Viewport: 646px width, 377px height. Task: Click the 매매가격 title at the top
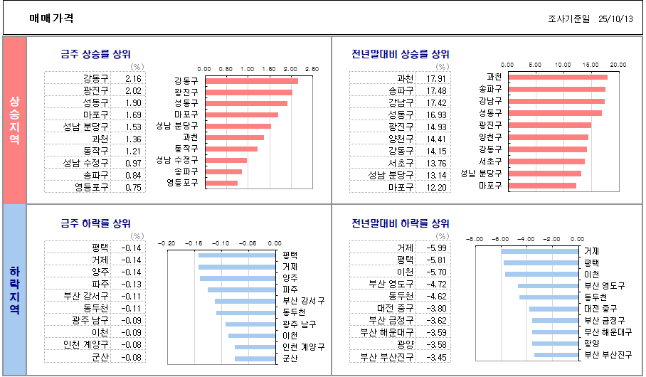51,18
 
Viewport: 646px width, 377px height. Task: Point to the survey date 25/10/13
615,19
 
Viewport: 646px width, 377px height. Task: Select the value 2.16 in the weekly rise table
133,79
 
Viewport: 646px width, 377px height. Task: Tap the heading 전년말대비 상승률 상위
401,54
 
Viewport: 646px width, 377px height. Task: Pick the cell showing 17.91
436,78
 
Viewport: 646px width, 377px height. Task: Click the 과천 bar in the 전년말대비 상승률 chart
558,77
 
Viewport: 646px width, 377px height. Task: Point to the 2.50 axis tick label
312,68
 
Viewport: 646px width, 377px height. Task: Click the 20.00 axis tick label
618,65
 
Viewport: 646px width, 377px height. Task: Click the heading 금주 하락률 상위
95,223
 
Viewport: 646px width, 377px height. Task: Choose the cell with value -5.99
435,248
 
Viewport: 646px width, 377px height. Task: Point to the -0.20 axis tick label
166,243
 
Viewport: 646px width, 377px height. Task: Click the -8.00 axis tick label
475,239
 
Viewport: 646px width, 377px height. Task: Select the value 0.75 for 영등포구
133,188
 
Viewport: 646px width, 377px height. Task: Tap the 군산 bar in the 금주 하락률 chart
255,359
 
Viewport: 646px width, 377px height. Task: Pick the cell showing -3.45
435,357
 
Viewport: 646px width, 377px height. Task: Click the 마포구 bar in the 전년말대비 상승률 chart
543,186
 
